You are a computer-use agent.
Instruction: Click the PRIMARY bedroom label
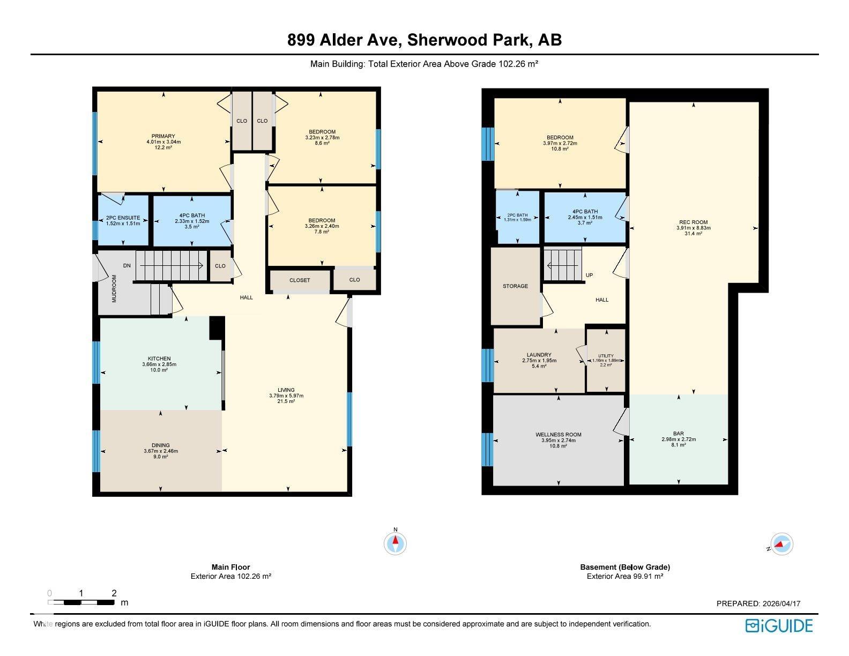pyautogui.click(x=163, y=136)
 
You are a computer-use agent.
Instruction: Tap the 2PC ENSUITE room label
pyautogui.click(x=123, y=218)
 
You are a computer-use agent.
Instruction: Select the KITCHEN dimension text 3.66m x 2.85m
pyautogui.click(x=159, y=364)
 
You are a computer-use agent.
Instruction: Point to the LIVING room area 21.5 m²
pyautogui.click(x=286, y=401)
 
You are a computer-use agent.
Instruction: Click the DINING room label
pyautogui.click(x=161, y=445)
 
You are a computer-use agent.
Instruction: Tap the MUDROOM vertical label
pyautogui.click(x=114, y=289)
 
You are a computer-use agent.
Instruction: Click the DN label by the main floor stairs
pyautogui.click(x=127, y=266)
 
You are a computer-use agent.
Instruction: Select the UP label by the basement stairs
pyautogui.click(x=589, y=275)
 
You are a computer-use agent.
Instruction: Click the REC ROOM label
pyautogui.click(x=694, y=222)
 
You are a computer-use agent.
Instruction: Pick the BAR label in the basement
pyautogui.click(x=679, y=433)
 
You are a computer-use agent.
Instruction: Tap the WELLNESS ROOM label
pyautogui.click(x=558, y=435)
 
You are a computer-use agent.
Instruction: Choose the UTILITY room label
pyautogui.click(x=606, y=356)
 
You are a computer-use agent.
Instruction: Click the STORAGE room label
pyautogui.click(x=515, y=286)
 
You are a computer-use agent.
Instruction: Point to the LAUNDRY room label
pyautogui.click(x=539, y=355)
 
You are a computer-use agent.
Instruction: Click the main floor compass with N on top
pyautogui.click(x=396, y=542)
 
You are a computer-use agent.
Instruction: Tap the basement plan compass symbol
pyautogui.click(x=781, y=544)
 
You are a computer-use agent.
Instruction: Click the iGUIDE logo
pyautogui.click(x=779, y=625)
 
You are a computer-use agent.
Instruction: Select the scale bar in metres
pyautogui.click(x=81, y=602)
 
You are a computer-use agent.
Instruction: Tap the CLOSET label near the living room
pyautogui.click(x=300, y=280)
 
